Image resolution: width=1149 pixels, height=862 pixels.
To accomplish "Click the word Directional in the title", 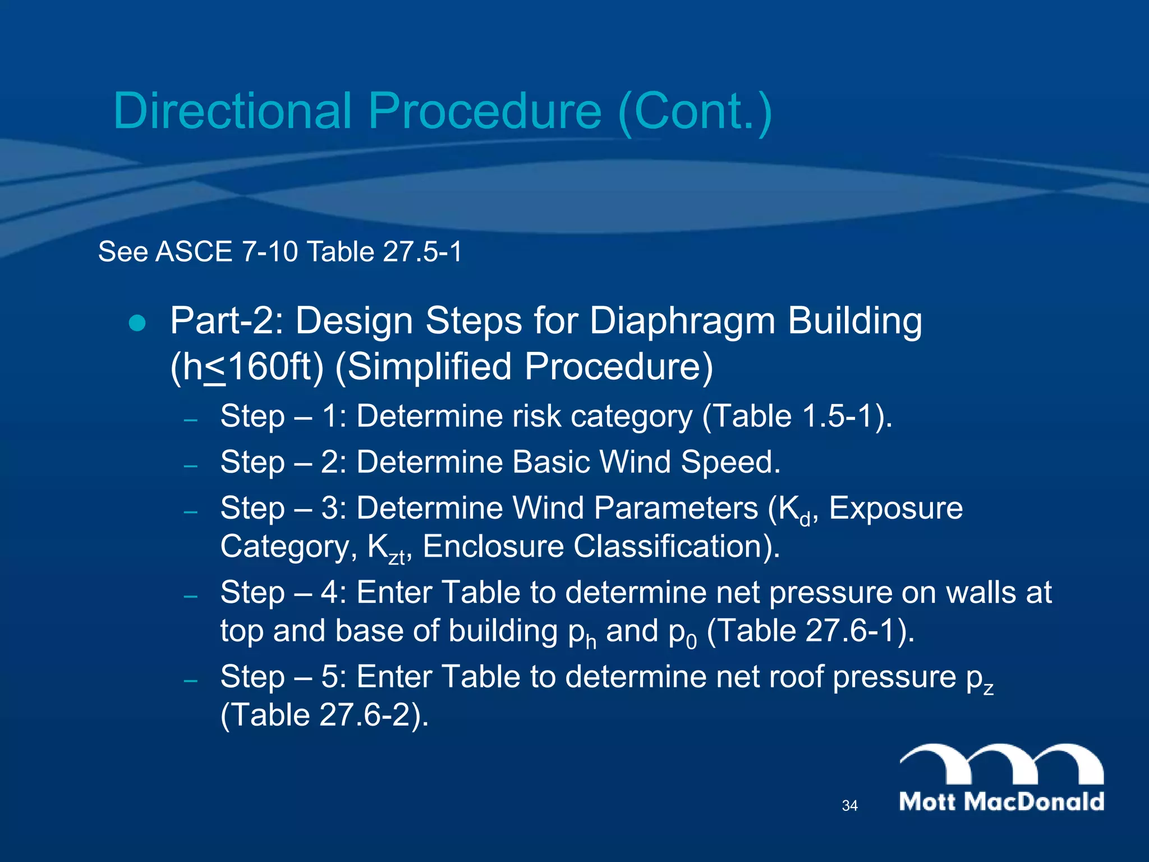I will [x=232, y=111].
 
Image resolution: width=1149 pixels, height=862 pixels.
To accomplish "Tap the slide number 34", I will [x=849, y=806].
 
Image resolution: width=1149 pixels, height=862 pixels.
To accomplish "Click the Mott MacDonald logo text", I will [x=1001, y=801].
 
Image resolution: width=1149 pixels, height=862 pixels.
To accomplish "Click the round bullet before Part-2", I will [x=137, y=324].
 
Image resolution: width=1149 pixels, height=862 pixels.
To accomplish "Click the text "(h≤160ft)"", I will [x=247, y=368].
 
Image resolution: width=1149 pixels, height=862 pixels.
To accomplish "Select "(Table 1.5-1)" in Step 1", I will [x=797, y=417].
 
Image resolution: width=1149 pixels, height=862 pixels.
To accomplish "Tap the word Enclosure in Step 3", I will [x=493, y=547].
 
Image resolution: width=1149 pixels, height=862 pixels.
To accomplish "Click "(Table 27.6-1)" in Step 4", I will [x=810, y=631].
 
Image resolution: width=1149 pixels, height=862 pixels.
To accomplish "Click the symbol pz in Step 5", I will [x=980, y=679].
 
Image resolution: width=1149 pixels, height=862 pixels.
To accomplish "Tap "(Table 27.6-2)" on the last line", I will [x=324, y=716].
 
